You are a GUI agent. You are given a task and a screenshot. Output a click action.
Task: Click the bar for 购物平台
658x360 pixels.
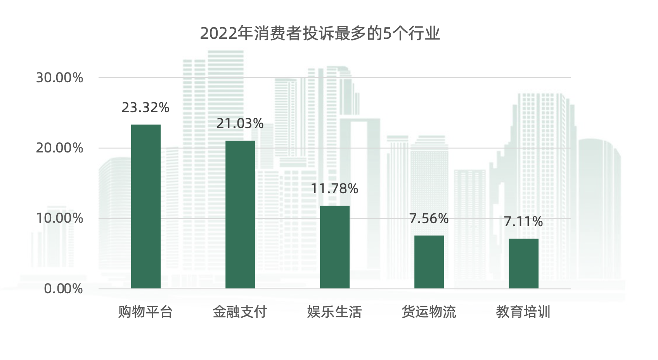145,206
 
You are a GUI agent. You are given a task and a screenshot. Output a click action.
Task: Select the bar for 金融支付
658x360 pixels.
240,215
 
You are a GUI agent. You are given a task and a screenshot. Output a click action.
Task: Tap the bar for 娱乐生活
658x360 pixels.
334,247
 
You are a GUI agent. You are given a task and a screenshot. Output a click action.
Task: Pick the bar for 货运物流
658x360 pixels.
429,262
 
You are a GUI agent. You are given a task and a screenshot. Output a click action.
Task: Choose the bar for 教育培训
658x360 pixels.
523,263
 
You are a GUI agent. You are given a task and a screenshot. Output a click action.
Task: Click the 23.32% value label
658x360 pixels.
145,107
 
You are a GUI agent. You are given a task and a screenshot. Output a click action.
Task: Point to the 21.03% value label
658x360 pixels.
240,123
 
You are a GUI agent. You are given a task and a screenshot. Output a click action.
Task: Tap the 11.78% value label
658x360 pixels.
334,189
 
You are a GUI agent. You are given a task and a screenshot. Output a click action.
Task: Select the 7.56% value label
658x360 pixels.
429,218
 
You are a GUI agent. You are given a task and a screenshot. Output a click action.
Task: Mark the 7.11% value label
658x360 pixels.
523,222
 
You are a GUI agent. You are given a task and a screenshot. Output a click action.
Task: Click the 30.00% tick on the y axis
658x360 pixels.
59,78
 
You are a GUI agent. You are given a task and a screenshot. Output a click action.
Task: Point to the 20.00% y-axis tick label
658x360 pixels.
59,148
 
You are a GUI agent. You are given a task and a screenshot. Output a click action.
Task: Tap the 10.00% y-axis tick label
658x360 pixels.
59,218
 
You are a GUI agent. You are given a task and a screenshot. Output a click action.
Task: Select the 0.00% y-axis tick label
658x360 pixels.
63,289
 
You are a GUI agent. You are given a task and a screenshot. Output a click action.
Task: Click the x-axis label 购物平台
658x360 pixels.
145,312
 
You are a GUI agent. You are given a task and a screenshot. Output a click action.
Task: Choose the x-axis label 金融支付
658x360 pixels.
240,312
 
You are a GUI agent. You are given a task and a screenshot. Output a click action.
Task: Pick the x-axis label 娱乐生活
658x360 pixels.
334,312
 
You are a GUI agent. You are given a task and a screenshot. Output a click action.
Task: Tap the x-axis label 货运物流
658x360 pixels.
429,312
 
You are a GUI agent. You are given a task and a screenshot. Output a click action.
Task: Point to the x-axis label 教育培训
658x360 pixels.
523,312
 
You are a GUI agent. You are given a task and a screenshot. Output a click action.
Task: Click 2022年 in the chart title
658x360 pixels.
227,33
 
